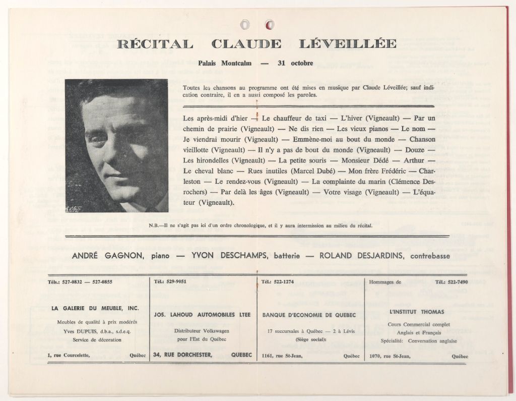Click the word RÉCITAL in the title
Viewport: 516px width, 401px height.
tap(155, 44)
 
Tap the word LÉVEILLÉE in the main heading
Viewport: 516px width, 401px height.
tap(348, 44)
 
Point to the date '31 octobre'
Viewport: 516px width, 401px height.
tap(295, 64)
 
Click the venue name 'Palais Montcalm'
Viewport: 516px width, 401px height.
tap(222, 64)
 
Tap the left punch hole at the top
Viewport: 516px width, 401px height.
tap(245, 24)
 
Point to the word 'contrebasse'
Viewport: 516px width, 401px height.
tap(432, 256)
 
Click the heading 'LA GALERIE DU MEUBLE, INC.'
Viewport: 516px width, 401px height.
tap(95, 308)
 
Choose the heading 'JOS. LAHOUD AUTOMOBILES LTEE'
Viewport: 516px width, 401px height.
tap(202, 315)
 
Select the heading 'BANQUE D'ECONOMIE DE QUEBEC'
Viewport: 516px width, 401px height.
tap(309, 315)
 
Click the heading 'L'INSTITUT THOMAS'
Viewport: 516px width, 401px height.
tap(417, 312)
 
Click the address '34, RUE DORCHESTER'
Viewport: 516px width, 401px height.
tap(182, 355)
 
